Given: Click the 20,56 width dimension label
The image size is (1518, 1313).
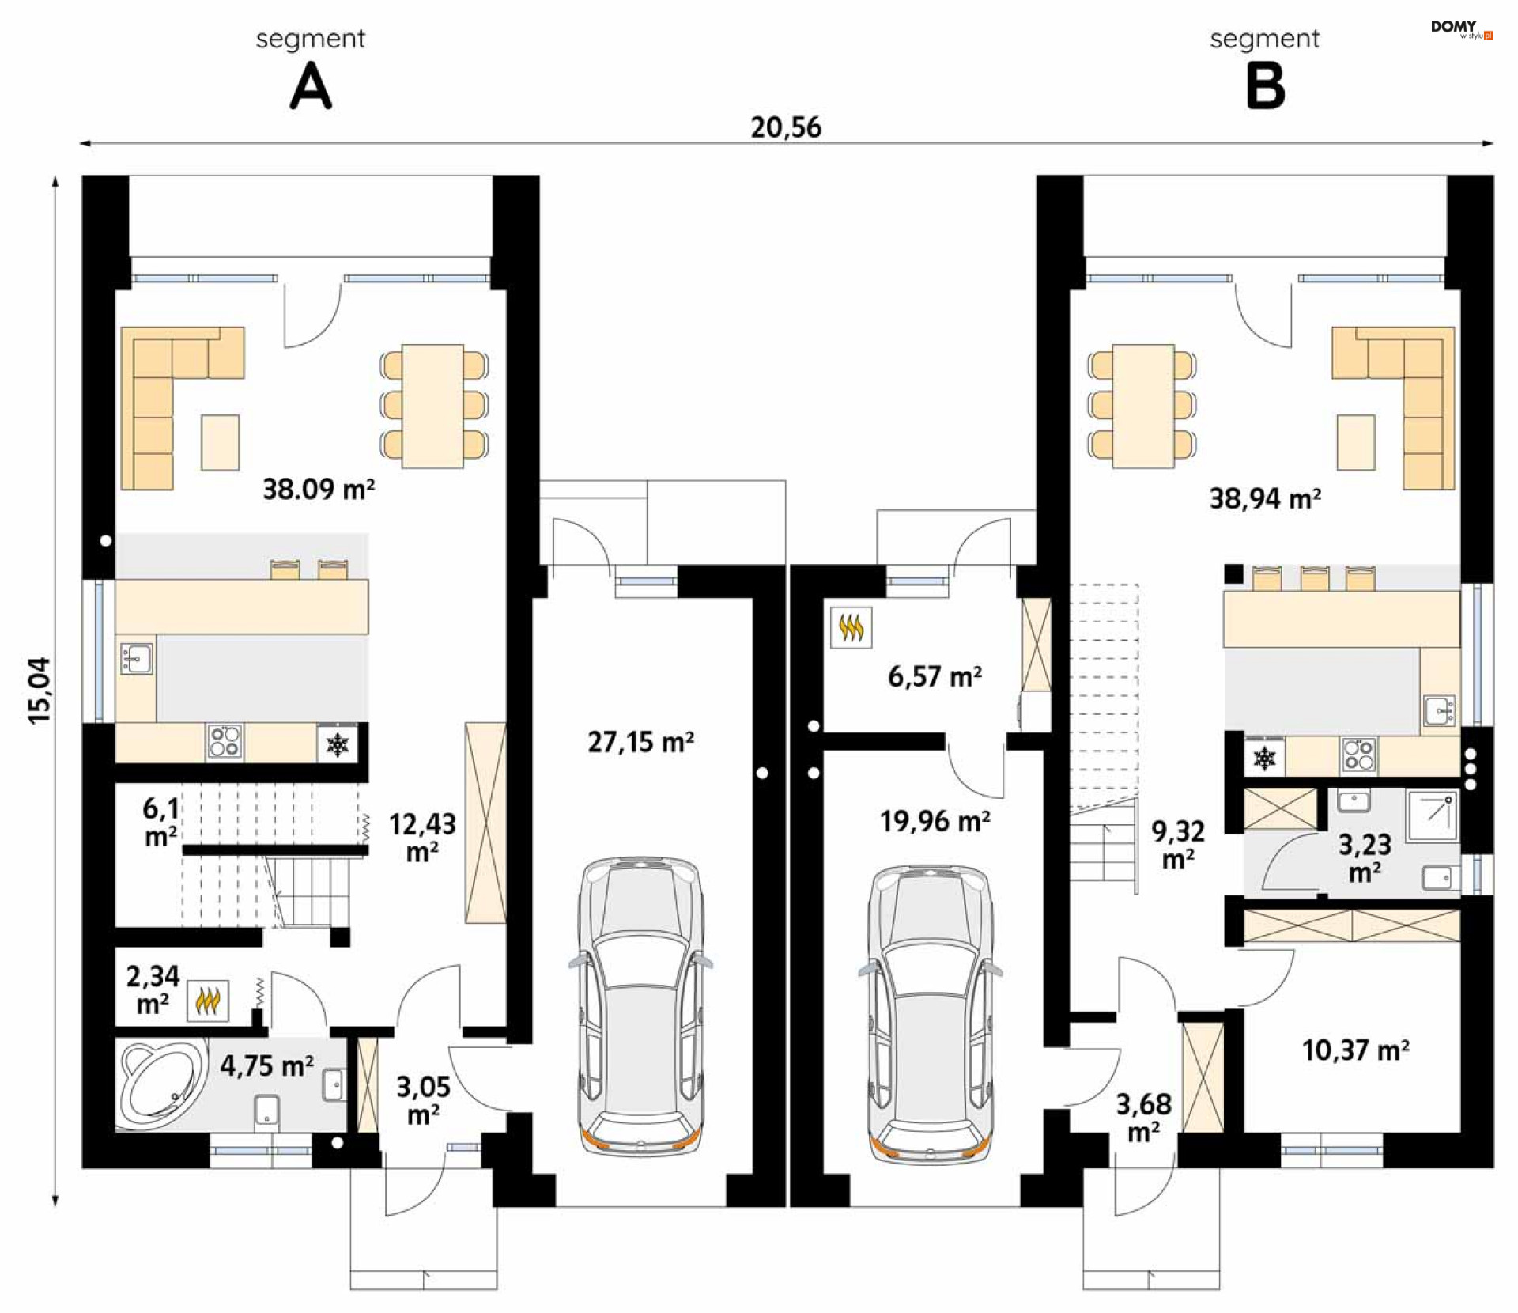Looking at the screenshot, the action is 786,127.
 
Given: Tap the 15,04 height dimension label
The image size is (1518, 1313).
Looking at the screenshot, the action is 40,690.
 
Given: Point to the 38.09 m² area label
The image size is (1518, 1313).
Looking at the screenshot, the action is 319,489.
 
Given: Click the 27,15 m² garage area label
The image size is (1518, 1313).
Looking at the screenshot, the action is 640,742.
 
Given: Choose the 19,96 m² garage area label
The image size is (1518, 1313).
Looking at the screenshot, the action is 935,822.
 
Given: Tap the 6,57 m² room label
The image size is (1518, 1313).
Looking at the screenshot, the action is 935,677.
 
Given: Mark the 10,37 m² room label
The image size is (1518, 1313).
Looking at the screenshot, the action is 1355,1050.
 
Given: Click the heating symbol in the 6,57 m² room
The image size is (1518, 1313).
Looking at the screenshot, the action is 852,628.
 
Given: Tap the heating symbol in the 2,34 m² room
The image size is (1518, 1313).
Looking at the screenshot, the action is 208,1001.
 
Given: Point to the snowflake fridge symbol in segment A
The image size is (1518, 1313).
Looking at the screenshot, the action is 338,744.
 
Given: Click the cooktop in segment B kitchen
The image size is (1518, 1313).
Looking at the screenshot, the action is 1358,755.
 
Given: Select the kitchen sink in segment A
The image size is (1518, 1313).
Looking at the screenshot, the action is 137,658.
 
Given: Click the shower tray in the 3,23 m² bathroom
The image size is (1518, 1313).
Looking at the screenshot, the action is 1432,815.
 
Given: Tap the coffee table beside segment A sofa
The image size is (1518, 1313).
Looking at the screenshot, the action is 220,443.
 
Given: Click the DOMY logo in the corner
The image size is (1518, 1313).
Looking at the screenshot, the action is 1461,29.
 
